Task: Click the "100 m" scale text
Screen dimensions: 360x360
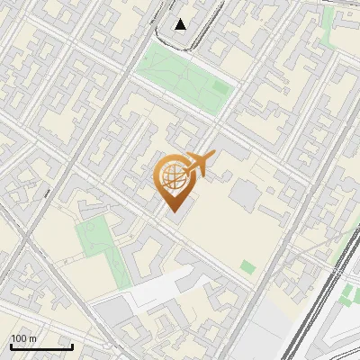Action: (23, 338)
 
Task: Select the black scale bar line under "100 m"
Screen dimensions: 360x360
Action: (41, 346)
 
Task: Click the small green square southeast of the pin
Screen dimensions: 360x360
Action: (247, 266)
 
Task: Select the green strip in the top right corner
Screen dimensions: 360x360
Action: (328, 27)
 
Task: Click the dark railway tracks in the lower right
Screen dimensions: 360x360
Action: (315, 306)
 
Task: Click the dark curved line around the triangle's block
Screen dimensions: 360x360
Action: (171, 40)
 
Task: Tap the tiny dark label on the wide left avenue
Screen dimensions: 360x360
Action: (46, 192)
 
